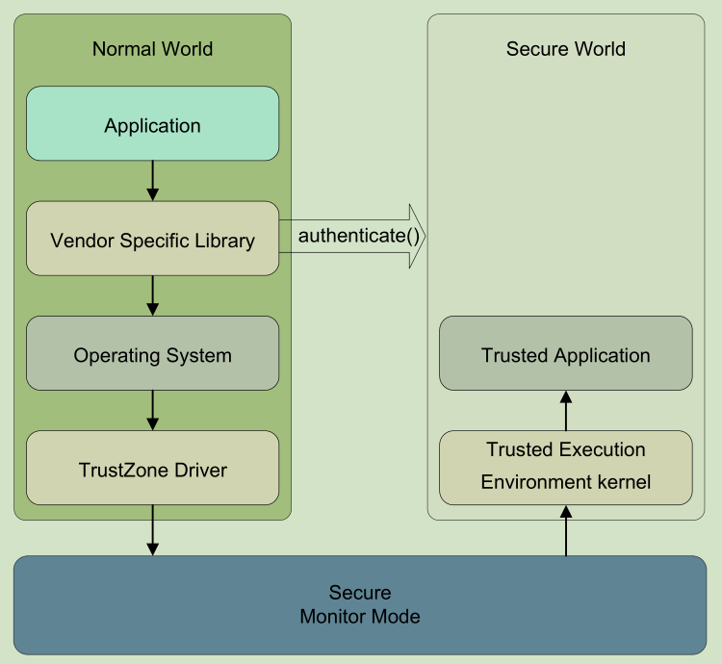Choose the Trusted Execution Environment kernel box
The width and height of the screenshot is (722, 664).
pyautogui.click(x=565, y=467)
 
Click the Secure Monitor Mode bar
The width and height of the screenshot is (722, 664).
pyautogui.click(x=360, y=604)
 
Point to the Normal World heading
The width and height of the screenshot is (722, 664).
pyautogui.click(x=152, y=49)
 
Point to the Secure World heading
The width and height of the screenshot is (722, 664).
pyautogui.click(x=565, y=49)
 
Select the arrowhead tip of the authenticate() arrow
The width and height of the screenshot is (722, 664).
pyautogui.click(x=422, y=237)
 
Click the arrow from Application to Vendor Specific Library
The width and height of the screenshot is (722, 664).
pyautogui.click(x=152, y=180)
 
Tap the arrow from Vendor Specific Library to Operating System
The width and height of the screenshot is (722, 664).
pyautogui.click(x=152, y=295)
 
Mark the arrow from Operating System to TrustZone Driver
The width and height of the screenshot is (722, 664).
pyautogui.click(x=152, y=410)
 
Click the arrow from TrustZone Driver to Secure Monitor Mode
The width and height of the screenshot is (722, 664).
pyautogui.click(x=152, y=530)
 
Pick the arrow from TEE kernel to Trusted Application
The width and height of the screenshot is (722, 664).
pyautogui.click(x=565, y=410)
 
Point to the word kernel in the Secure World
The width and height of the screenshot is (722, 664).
pyautogui.click(x=623, y=482)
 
